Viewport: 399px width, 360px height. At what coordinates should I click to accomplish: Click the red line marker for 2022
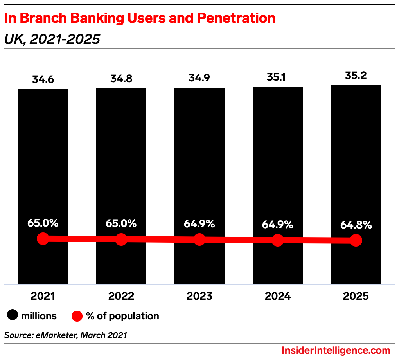click(x=121, y=239)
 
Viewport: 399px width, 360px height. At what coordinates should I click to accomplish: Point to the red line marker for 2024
click(x=278, y=240)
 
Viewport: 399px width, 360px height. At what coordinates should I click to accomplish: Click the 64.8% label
click(x=356, y=225)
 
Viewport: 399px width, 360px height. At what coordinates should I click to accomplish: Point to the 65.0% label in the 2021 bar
click(x=43, y=223)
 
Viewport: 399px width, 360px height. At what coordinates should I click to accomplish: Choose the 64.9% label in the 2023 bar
click(x=199, y=224)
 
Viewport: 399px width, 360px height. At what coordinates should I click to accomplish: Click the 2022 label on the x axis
click(x=121, y=296)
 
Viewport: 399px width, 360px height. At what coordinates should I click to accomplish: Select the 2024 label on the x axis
click(x=278, y=296)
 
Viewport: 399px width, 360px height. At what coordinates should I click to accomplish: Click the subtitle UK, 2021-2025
click(x=52, y=39)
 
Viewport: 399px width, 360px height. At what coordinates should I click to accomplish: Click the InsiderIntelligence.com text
click(x=336, y=350)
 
